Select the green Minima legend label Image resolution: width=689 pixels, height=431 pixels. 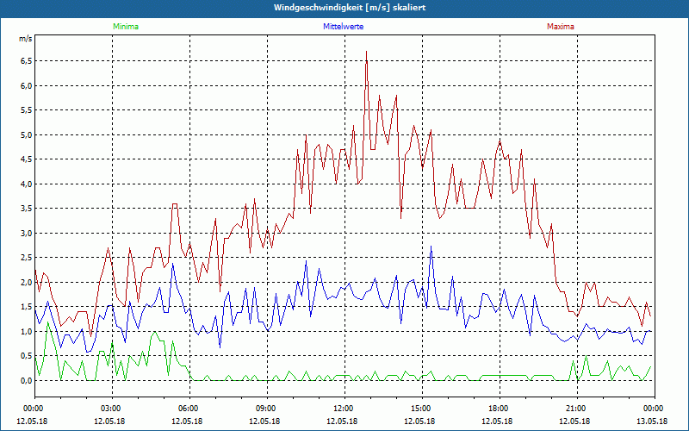(125, 27)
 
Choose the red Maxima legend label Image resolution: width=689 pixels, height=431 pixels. (560, 27)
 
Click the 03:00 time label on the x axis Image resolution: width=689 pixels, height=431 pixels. (111, 409)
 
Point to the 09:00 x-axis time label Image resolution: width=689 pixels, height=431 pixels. (266, 409)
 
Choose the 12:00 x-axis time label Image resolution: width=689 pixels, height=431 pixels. (344, 409)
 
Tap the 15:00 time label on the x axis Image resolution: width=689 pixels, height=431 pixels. (421, 409)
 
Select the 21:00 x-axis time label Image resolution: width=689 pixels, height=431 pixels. (576, 409)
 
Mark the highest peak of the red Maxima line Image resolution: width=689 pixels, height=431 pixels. (367, 52)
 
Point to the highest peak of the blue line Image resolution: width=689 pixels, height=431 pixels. (431, 247)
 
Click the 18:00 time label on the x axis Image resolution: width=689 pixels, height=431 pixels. (499, 409)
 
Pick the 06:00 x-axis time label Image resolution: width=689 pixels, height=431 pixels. (189, 409)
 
